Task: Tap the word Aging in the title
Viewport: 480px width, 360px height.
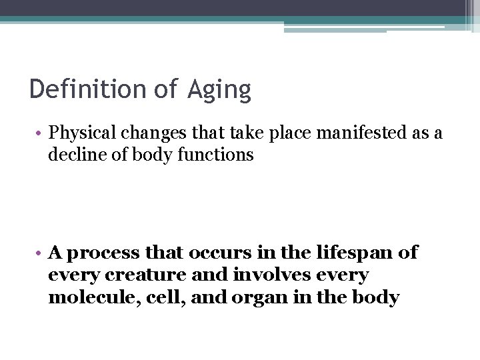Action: (219, 90)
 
